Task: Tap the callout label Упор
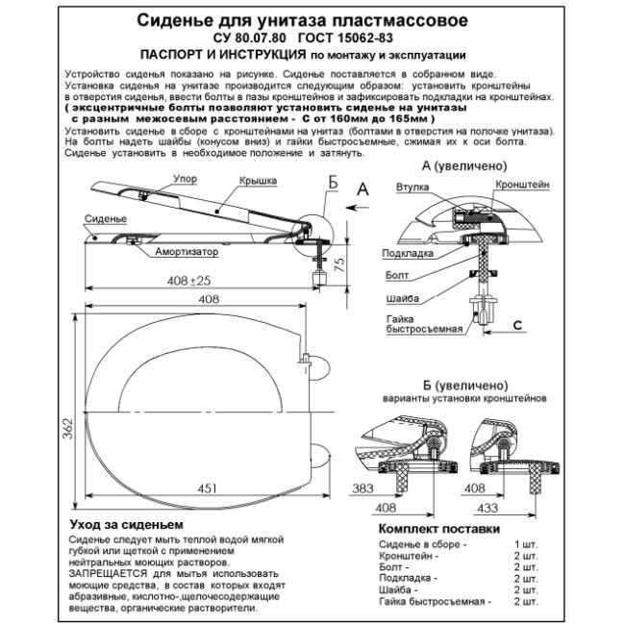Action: tap(186, 178)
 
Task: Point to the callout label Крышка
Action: tap(258, 180)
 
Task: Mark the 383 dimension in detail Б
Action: tap(363, 487)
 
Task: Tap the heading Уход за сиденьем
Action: tap(125, 525)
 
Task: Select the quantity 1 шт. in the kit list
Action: tap(526, 545)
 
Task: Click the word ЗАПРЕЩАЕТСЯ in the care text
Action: tap(107, 572)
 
